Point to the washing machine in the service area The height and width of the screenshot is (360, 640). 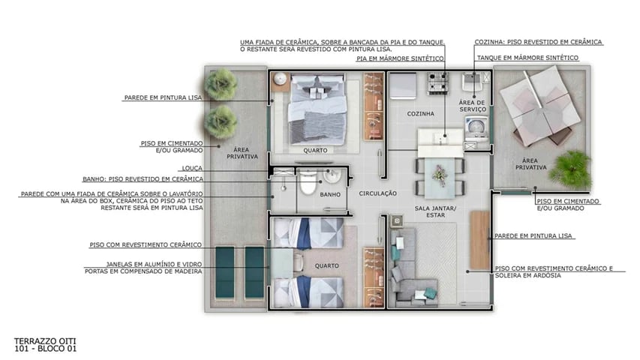(473, 129)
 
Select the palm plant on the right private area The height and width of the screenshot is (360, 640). (570, 169)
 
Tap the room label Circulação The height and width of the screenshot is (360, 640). (377, 193)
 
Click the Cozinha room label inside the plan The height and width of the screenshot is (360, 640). (420, 114)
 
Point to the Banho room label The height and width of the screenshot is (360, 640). (329, 194)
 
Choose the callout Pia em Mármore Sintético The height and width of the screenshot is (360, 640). (401, 58)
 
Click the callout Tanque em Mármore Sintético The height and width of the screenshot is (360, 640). (526, 58)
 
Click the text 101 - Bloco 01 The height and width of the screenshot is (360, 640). (45, 349)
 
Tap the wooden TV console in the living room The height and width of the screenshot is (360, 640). (479, 240)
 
